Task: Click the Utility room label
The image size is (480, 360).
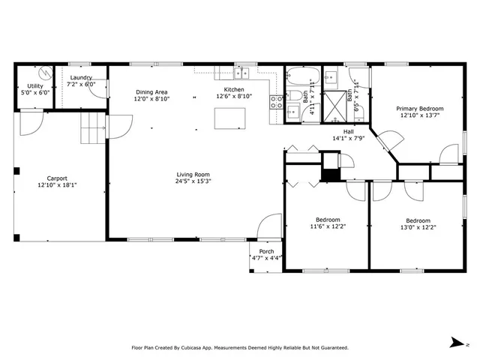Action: click(x=35, y=87)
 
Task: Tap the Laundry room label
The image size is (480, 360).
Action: click(x=81, y=78)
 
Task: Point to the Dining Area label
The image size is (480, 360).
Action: click(x=151, y=91)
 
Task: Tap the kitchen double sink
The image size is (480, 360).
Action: click(x=241, y=73)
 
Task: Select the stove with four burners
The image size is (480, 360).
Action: click(x=277, y=102)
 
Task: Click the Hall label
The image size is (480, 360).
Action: click(x=348, y=131)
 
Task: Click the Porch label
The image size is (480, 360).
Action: click(x=266, y=251)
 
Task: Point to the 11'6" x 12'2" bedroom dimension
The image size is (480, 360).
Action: click(x=326, y=226)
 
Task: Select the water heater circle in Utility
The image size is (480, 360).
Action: click(x=45, y=73)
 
